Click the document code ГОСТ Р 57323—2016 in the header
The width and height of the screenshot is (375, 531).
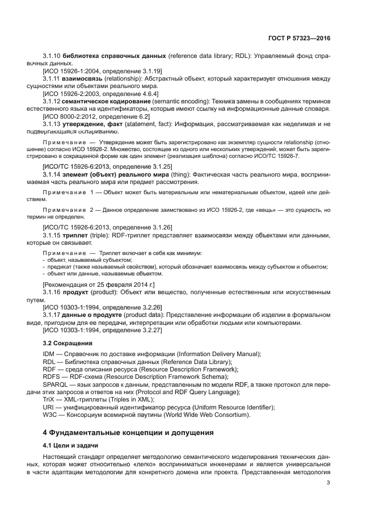coord(300,38)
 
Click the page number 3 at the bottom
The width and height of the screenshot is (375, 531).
coord(328,483)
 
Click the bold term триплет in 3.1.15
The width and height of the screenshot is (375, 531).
coord(74,235)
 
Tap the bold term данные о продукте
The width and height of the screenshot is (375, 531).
coord(92,315)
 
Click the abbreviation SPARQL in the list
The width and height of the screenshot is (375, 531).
coord(56,384)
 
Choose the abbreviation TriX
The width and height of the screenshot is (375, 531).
coord(49,399)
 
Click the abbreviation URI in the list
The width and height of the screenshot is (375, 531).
coord(49,407)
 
